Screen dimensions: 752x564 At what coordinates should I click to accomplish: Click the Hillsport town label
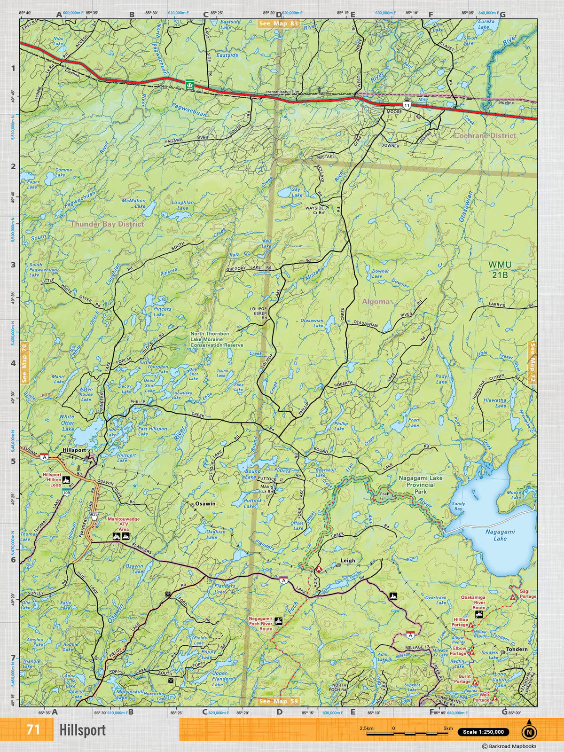pos(74,450)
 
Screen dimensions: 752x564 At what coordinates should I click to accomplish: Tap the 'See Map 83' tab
pos(278,23)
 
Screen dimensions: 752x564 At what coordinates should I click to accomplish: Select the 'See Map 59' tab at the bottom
pos(279,701)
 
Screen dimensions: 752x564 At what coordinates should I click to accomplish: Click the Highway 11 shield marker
pos(407,105)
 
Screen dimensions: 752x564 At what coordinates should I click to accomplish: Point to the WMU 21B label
pos(500,270)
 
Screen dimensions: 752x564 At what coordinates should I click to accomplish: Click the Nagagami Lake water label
pos(500,535)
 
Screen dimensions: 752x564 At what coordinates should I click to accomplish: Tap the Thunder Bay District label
pos(107,224)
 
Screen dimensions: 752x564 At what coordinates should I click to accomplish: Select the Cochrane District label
pos(485,135)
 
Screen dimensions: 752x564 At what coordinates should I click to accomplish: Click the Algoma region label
pos(376,301)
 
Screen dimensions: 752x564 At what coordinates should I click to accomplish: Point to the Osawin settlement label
pos(205,503)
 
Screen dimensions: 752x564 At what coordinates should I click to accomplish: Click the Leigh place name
pos(348,561)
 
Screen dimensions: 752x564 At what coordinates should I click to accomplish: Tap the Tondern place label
pos(517,649)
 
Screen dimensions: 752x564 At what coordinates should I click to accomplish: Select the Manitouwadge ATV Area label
pos(124,524)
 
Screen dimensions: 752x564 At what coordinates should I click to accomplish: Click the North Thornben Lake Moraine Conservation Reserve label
pos(217,339)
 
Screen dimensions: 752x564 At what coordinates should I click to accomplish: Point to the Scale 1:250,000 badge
pos(483,732)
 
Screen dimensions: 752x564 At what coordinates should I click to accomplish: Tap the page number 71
pos(33,730)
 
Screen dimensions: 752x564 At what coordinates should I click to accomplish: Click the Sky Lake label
pos(297,192)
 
